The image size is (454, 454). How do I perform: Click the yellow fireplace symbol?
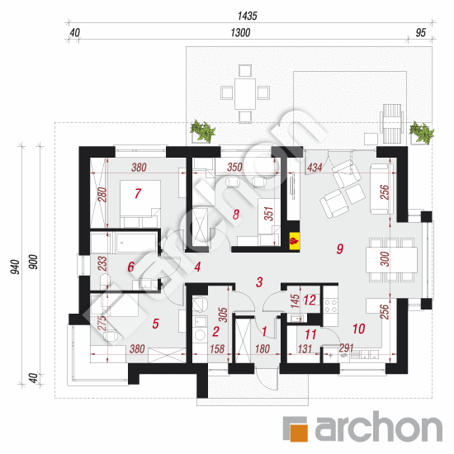tap(294, 240)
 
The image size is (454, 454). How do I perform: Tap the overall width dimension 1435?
tap(248, 16)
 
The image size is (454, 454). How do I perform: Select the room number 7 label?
tap(138, 194)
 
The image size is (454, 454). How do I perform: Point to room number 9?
tap(340, 248)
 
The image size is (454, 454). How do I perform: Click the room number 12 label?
tap(310, 300)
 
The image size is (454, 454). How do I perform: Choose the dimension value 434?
tap(314, 168)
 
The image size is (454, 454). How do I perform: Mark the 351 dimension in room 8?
tap(269, 214)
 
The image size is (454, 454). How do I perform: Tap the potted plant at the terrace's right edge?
tap(421, 132)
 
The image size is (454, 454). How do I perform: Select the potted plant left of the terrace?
tap(203, 131)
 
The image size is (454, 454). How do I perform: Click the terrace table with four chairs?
tap(245, 93)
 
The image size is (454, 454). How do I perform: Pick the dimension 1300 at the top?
tap(240, 33)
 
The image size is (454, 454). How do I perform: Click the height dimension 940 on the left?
tap(16, 267)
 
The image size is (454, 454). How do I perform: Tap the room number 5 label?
tap(155, 324)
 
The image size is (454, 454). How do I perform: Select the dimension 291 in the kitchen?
tap(347, 348)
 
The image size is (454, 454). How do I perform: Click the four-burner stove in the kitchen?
tap(331, 305)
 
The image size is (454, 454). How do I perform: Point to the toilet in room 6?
tap(105, 281)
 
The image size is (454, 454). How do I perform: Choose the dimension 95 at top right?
tap(421, 33)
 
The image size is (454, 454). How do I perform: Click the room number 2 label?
tap(215, 332)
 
